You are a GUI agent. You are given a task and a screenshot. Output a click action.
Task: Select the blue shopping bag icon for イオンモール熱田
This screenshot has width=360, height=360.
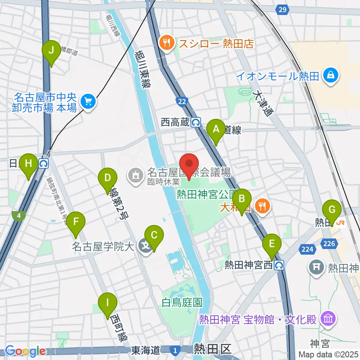[x=331, y=76]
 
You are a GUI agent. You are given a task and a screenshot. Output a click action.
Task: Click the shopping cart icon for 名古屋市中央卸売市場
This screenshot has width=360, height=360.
[x=88, y=101]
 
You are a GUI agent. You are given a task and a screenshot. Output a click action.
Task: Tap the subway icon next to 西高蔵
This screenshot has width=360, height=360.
[x=195, y=122]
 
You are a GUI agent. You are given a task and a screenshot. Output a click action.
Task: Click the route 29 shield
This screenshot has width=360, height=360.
[x=283, y=9]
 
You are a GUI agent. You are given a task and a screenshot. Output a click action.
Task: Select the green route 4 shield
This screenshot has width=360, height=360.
[x=17, y=215]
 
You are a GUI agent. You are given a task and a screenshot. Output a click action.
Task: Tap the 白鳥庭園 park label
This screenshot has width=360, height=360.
[x=182, y=302]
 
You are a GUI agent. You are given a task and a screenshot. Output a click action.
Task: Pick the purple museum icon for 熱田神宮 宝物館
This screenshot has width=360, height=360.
[x=328, y=319]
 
